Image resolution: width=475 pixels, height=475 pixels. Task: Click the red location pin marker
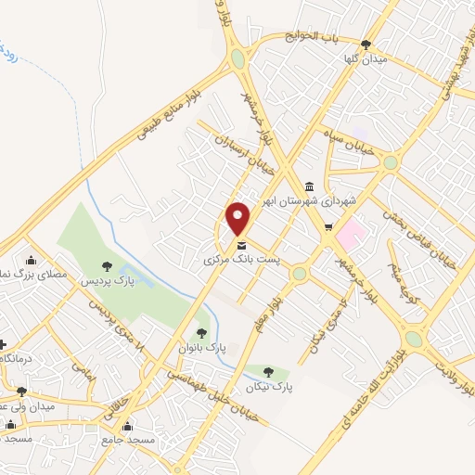(x=238, y=219)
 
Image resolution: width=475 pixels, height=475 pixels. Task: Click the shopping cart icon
(x=328, y=226)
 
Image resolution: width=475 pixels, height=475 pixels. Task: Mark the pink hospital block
(x=350, y=233)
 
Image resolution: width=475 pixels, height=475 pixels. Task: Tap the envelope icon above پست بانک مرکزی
(x=241, y=246)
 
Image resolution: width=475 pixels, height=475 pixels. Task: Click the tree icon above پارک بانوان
(x=201, y=332)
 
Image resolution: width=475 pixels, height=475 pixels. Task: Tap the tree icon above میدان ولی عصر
(x=21, y=392)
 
